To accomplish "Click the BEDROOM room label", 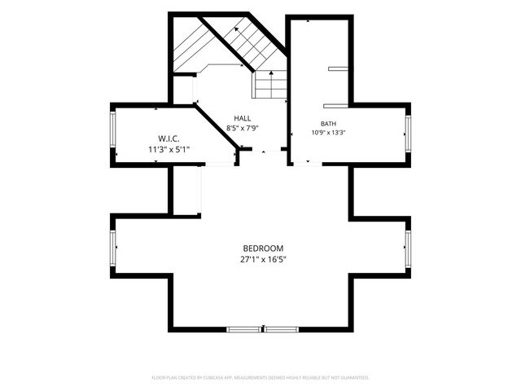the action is click(x=263, y=248).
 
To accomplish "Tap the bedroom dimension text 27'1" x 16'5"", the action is click(x=263, y=259).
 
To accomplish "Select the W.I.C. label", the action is click(x=169, y=138).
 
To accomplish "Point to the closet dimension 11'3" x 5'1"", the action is click(x=169, y=150).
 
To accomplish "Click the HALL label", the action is click(x=243, y=118).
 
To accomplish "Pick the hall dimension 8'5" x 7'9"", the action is click(x=243, y=128).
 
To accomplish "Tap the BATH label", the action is click(x=328, y=124).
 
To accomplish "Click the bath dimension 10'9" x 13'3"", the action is click(x=328, y=132).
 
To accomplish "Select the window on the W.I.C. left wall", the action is click(x=113, y=130).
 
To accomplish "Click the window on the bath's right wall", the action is click(x=408, y=134).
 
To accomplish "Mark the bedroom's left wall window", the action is click(x=113, y=248).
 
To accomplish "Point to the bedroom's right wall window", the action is click(x=408, y=248).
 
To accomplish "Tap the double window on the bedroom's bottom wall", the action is click(x=262, y=329).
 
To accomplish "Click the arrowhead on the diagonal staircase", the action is click(x=236, y=29).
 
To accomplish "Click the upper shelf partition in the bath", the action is click(x=339, y=68).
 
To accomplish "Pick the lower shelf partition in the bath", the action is click(x=336, y=106).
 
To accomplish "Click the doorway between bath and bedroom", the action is click(x=308, y=164).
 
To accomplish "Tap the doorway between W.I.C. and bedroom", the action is click(x=220, y=165).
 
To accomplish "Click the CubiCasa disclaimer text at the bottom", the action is click(x=260, y=378).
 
